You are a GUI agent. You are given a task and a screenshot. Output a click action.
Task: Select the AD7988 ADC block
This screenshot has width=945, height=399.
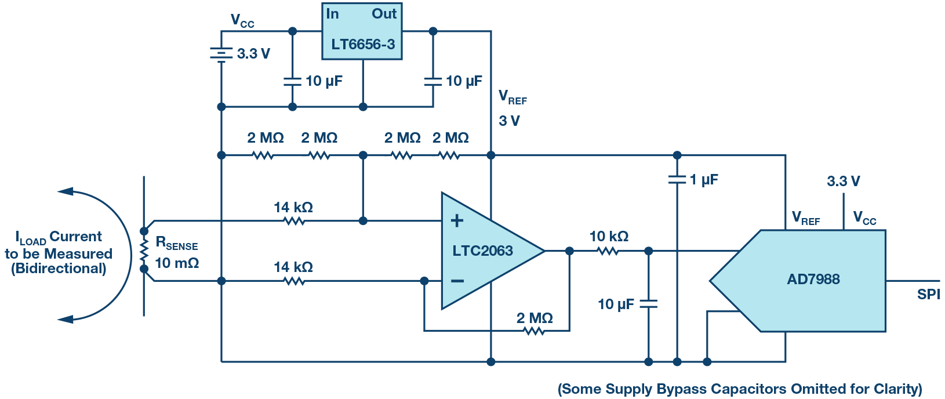[812, 280]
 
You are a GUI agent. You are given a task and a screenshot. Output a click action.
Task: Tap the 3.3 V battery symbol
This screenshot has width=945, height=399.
[221, 54]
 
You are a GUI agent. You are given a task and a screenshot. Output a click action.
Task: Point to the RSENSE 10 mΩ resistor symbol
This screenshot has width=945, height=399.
[144, 251]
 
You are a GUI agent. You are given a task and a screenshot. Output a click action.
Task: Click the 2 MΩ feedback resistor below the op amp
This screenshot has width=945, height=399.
[534, 331]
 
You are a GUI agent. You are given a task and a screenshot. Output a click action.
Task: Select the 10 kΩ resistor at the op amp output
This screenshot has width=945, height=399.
[608, 251]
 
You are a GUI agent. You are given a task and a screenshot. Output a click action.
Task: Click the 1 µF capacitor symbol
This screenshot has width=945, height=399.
[677, 180]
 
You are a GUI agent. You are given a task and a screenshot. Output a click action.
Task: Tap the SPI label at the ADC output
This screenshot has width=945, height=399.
[928, 295]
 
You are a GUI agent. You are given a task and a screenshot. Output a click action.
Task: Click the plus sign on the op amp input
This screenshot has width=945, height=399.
[457, 220]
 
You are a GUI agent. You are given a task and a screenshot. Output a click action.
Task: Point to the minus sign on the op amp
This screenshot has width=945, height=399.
[457, 281]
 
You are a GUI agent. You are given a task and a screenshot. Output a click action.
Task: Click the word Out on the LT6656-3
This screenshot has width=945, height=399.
[384, 14]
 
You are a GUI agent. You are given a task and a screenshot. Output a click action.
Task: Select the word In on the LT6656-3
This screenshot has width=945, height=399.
[332, 14]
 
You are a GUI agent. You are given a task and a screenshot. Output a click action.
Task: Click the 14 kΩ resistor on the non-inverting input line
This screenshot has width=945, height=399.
[294, 221]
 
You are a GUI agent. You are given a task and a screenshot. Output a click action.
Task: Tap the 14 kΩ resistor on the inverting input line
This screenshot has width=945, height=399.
[294, 281]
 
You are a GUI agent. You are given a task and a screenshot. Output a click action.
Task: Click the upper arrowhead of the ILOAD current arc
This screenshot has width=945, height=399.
[65, 191]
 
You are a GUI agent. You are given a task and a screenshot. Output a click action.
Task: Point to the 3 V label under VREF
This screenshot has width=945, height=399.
[509, 121]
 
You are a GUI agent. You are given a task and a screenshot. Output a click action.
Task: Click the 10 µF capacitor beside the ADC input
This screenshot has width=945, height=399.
[648, 303]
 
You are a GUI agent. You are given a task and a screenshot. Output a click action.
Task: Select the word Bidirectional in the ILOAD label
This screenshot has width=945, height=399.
[59, 269]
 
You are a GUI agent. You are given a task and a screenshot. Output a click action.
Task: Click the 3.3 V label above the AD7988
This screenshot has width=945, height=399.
[843, 182]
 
